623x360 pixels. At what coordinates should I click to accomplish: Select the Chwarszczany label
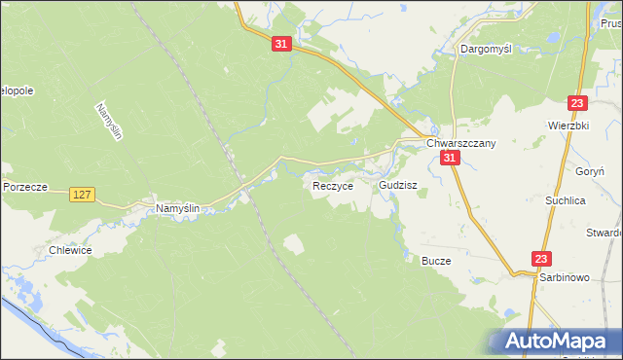coord(461,143)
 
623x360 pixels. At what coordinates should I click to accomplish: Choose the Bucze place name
coord(436,261)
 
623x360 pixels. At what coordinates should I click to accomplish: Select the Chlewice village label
coord(70,250)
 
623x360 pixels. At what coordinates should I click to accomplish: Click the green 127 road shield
coord(82,196)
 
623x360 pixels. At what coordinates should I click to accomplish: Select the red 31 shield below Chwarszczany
coord(449,159)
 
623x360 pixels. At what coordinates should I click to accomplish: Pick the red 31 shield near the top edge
coord(281,45)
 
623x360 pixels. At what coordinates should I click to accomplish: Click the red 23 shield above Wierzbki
coord(577,104)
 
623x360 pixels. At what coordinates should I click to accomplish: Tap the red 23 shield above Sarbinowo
coord(541,259)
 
